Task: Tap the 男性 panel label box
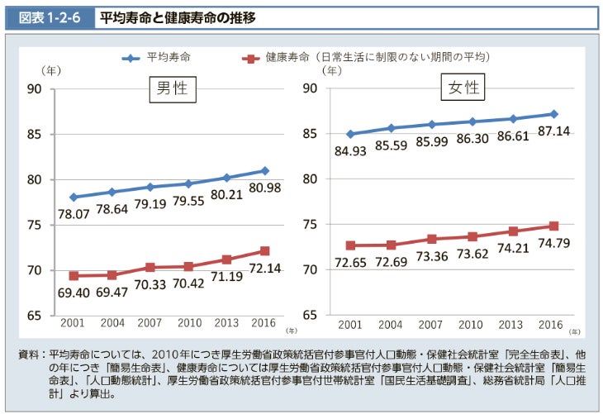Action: pos(173,88)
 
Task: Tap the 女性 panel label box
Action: pos(463,88)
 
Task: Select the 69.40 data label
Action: pos(74,293)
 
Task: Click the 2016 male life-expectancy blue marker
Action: pos(265,171)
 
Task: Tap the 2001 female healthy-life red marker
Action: pos(350,245)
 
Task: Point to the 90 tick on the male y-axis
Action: pos(34,89)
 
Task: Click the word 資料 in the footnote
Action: pos(31,354)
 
